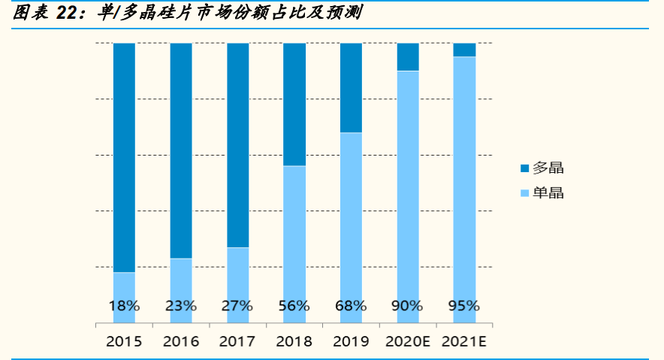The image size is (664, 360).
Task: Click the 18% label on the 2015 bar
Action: pos(124,306)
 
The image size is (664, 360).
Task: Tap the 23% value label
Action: pos(181,306)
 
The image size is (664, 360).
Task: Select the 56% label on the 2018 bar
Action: pos(294,306)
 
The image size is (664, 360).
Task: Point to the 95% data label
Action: pos(463,306)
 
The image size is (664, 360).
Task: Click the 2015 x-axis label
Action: pos(124,342)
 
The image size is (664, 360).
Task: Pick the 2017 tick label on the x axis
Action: pos(237,342)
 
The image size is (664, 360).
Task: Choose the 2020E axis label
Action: pos(407,342)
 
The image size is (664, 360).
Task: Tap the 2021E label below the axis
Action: pos(464,342)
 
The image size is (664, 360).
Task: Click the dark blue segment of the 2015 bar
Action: pos(124,158)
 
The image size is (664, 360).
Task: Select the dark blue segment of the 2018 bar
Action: pos(294,104)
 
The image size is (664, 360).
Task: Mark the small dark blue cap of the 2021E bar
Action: pos(464,50)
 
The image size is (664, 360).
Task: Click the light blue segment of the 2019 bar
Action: pos(351,218)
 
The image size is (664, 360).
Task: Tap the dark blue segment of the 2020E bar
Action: pos(408,57)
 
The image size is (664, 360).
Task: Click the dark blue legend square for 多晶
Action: pos(524,168)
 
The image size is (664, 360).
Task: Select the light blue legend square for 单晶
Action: pos(524,193)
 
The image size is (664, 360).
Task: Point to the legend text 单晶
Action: pos(548,193)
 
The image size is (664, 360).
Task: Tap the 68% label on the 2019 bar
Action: pos(351,306)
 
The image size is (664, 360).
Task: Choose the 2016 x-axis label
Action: pos(181,342)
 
